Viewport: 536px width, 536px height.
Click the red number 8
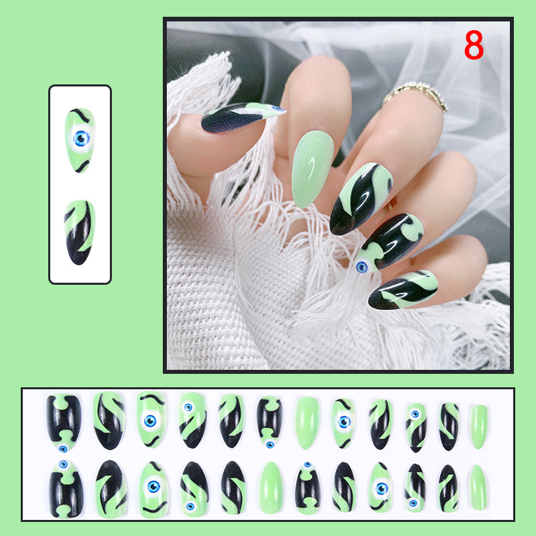coord(474,45)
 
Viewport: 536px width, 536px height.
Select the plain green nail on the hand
coord(312,169)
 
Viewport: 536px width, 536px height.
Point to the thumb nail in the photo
coord(243,117)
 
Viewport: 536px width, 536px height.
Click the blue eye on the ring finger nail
coord(362,267)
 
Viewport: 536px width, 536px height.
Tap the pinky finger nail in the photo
coord(403,290)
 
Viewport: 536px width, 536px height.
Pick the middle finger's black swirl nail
coord(360,198)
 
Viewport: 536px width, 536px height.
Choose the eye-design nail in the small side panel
coord(80,140)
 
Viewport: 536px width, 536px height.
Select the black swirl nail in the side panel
coord(79,232)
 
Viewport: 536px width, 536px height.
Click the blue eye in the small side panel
coord(81,139)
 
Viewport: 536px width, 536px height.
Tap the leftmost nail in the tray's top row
coord(64,423)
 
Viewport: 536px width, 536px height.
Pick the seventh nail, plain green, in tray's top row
coord(307,423)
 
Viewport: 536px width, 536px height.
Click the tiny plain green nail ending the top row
coord(478,427)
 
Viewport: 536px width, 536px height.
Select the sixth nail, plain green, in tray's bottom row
coord(271,488)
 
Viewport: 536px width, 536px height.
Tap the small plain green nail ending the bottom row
coord(478,487)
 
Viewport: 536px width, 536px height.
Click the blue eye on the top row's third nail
coord(150,421)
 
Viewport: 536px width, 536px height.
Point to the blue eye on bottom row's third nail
coord(153,486)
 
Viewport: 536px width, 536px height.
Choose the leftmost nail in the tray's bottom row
coord(66,489)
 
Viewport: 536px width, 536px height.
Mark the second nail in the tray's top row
coord(109,421)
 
